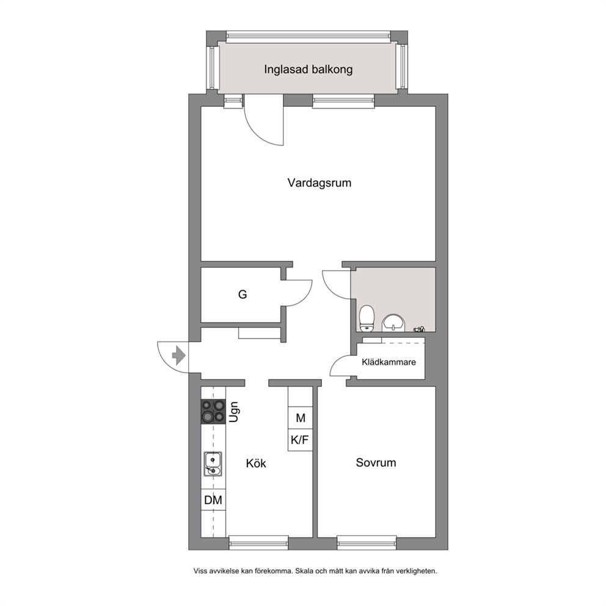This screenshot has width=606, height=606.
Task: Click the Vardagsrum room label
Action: [x=319, y=183]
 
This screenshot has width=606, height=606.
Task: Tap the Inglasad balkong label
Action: [x=308, y=70]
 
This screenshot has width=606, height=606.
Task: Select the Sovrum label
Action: [x=376, y=462]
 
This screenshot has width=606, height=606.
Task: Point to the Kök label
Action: [x=256, y=463]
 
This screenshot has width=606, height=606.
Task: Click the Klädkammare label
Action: [x=389, y=362]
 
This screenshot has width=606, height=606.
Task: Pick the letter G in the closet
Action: [x=243, y=294]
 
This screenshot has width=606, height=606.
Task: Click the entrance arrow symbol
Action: [x=178, y=355]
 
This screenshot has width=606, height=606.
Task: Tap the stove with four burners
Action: [x=213, y=412]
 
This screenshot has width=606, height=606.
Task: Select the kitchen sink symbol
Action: [x=213, y=464]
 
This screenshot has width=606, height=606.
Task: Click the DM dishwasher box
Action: [x=213, y=500]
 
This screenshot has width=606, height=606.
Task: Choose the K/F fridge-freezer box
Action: [x=300, y=440]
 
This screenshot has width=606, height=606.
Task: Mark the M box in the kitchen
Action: [x=300, y=418]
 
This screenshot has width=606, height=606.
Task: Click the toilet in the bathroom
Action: [x=367, y=318]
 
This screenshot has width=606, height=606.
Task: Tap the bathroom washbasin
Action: [x=393, y=323]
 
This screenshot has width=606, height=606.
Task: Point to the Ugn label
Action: [x=233, y=412]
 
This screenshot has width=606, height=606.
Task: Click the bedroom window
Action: [x=367, y=542]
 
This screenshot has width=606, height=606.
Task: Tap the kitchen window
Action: [x=258, y=542]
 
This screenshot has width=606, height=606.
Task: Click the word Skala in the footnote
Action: [x=304, y=571]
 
